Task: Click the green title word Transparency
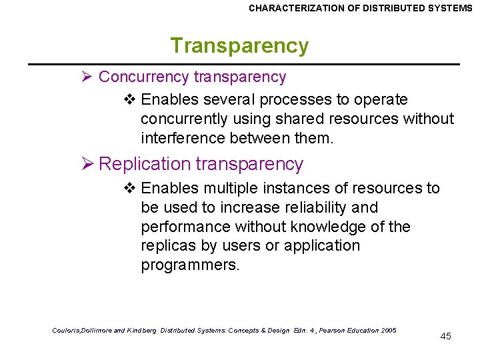pos(239,46)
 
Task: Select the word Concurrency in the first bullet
pos(143,77)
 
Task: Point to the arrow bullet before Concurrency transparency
pos(85,77)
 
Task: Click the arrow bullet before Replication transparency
pos(85,164)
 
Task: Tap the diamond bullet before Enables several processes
pos(130,100)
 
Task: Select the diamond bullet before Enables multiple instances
pos(130,189)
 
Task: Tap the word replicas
pos(168,246)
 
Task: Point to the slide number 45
pos(446,336)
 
